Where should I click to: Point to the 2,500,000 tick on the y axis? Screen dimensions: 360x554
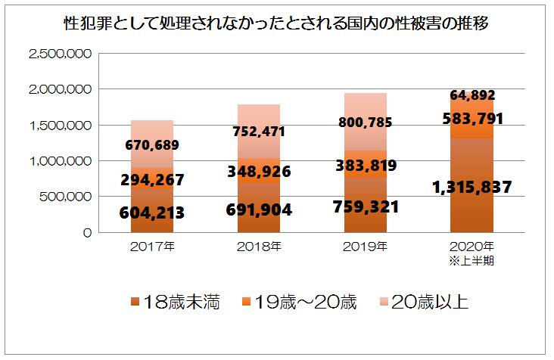[60, 54]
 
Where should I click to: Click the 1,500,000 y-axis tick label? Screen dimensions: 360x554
[60, 126]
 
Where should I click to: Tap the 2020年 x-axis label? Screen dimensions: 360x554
[472, 247]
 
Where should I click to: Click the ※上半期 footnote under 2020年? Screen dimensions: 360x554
[472, 261]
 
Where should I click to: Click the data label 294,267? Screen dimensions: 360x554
[153, 179]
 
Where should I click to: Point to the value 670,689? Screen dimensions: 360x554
[152, 145]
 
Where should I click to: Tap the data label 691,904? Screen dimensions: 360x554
[260, 209]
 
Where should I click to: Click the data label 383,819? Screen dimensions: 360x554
[365, 166]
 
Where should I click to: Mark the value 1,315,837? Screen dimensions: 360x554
[472, 187]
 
